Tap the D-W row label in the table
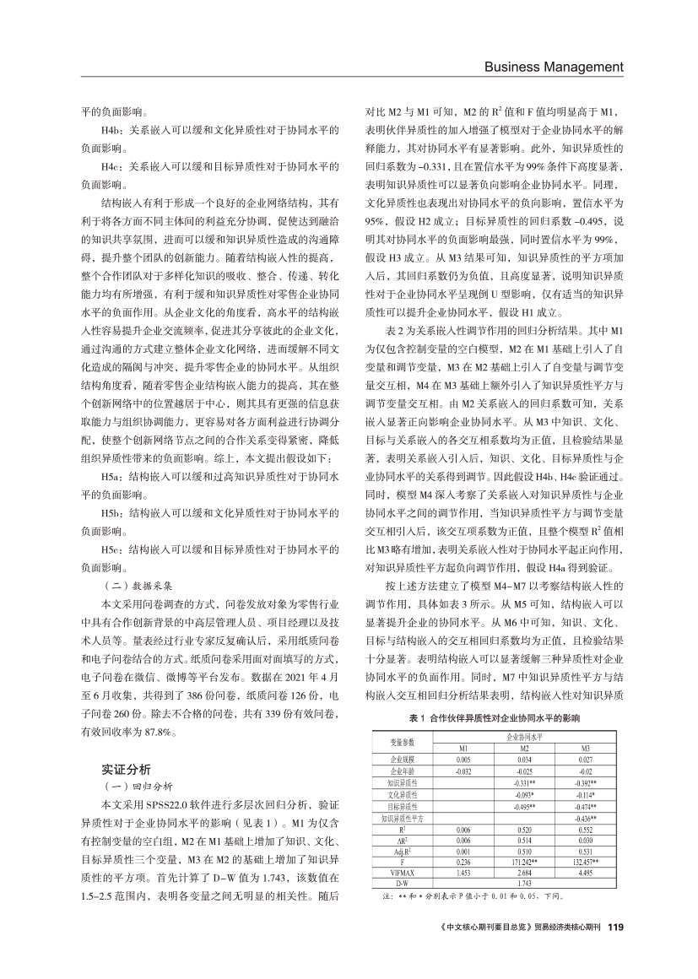[x=403, y=884]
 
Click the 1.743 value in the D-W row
[x=522, y=884]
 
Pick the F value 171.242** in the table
[x=522, y=863]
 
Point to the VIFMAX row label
[x=403, y=874]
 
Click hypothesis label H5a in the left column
[x=114, y=477]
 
